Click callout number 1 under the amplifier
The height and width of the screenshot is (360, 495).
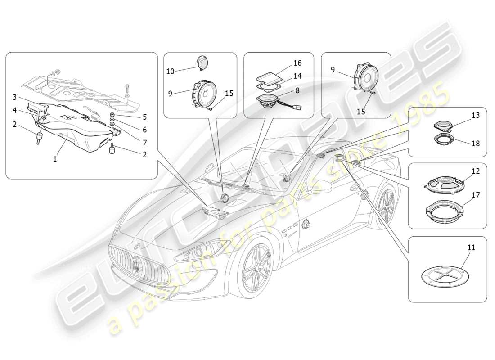(55, 159)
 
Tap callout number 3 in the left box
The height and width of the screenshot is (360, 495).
(14, 97)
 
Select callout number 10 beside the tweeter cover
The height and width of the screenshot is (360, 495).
(170, 71)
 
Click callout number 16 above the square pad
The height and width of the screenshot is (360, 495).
(297, 63)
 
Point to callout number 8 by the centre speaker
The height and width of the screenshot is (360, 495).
(297, 90)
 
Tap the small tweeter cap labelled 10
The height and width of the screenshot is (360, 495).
(203, 63)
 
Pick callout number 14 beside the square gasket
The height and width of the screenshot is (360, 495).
(297, 76)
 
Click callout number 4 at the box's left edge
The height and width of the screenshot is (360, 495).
(14, 110)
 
